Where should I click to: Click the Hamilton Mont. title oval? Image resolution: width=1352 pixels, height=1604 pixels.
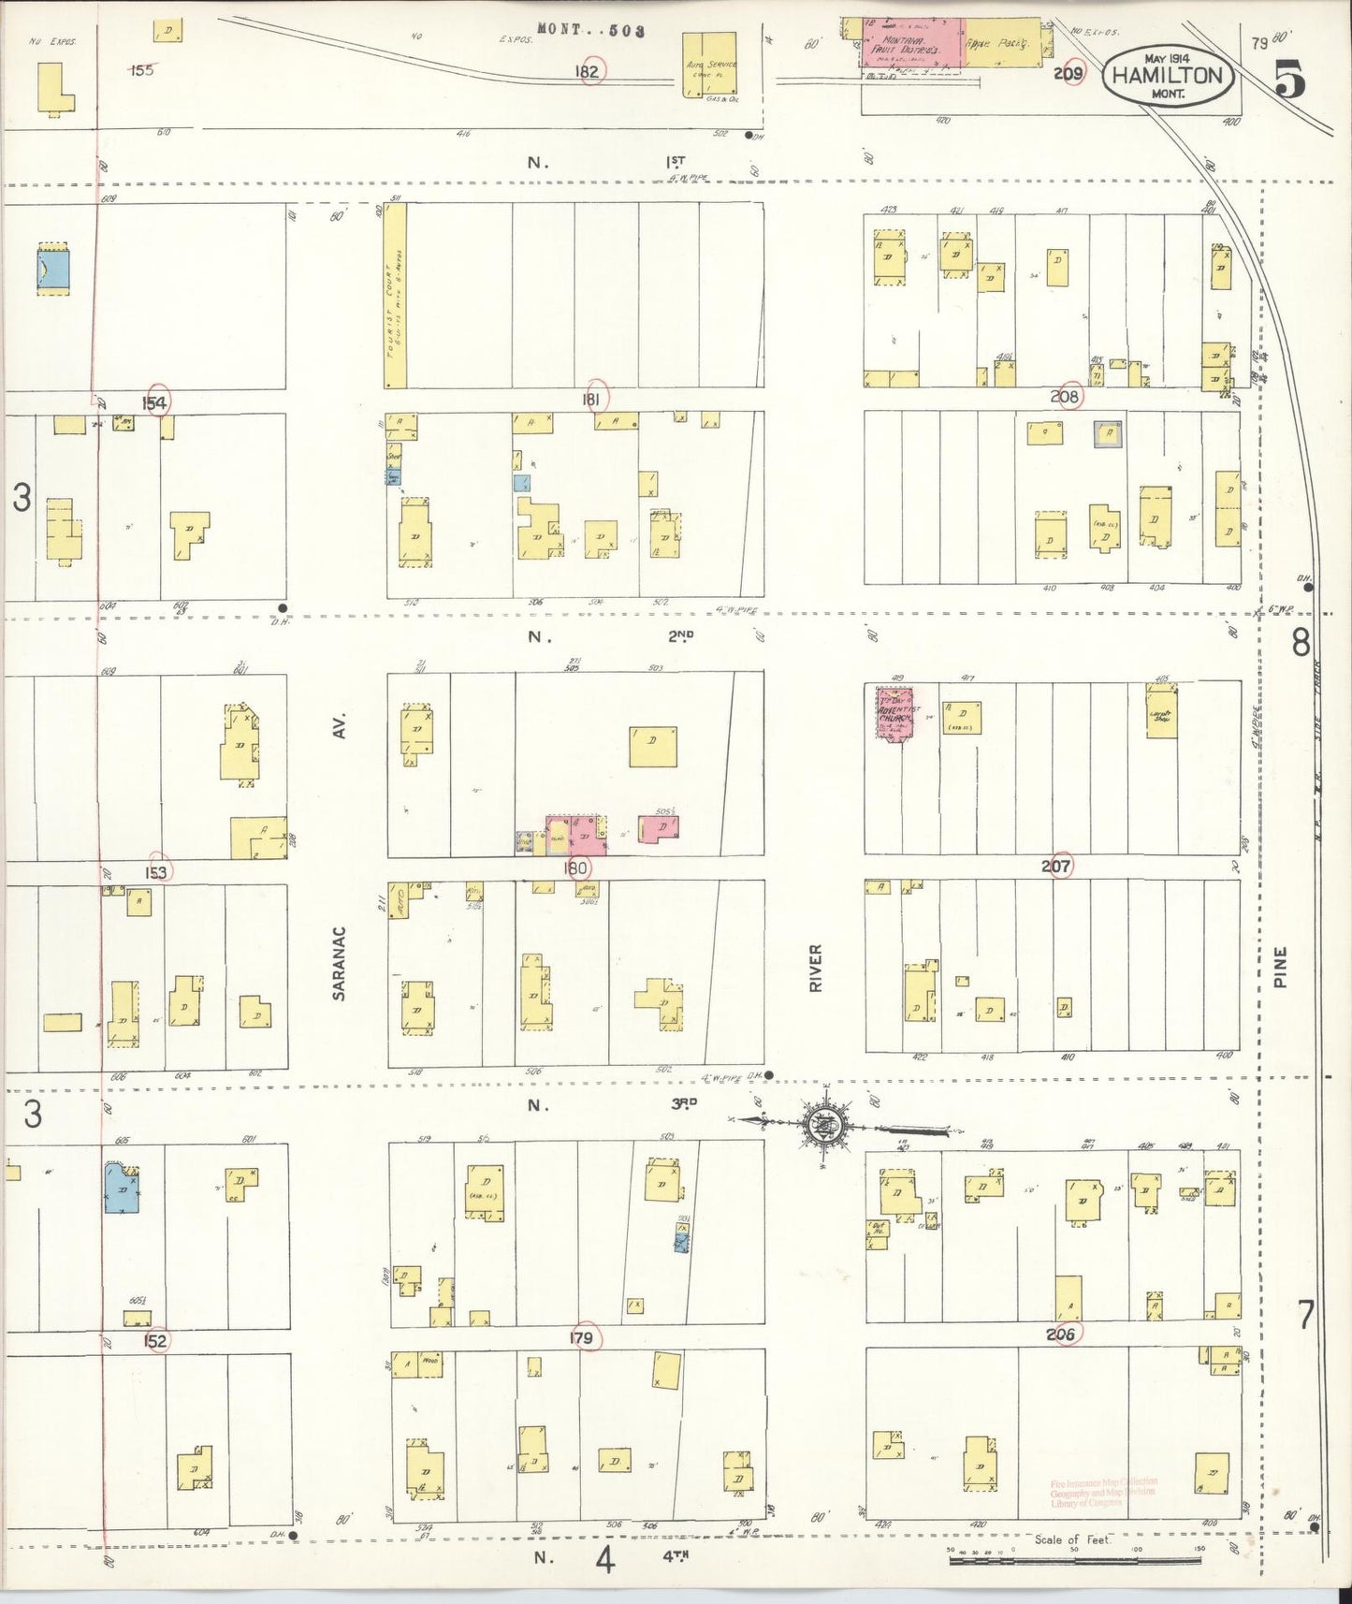[x=1169, y=75]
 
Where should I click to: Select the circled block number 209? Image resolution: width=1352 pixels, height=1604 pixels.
[x=1069, y=72]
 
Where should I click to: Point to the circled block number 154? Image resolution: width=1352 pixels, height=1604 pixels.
[x=156, y=402]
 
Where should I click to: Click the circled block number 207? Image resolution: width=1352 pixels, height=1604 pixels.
[x=1057, y=867]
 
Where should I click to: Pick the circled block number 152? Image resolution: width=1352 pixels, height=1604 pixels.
[x=156, y=1340]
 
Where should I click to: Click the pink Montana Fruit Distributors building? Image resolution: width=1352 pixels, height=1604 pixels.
[x=911, y=44]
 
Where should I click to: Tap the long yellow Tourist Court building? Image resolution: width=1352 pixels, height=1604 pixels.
[x=395, y=295]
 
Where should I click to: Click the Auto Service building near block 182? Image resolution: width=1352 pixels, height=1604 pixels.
[x=708, y=65]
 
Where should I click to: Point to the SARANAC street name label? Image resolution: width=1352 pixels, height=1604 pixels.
[x=340, y=963]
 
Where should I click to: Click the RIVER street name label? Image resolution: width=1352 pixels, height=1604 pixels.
[x=816, y=968]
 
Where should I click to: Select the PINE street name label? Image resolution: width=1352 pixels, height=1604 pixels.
[x=1280, y=967]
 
